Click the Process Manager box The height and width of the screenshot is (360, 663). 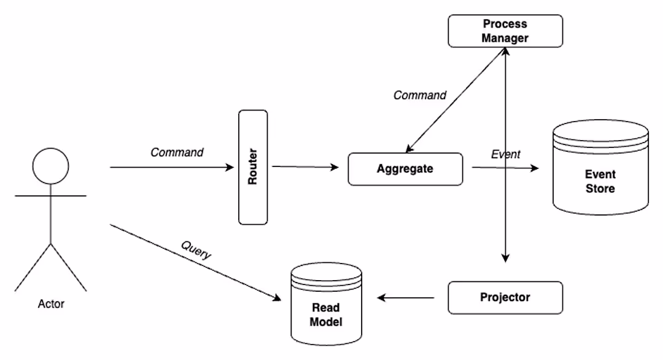click(x=505, y=31)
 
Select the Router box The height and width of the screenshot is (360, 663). click(x=252, y=166)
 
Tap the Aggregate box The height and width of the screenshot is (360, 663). click(x=405, y=168)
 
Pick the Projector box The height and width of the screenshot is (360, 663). click(x=505, y=297)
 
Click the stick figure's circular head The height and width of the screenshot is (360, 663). click(x=50, y=166)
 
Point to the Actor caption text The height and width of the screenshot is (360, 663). click(x=50, y=303)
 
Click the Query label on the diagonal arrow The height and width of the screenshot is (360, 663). click(x=196, y=249)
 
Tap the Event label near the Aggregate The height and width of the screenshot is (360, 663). click(x=505, y=154)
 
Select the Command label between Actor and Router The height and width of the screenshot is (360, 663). click(x=177, y=152)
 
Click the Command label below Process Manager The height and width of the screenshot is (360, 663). click(x=420, y=95)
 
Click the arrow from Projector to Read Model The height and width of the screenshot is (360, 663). click(x=406, y=298)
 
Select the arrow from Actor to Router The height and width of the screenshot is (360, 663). click(x=172, y=166)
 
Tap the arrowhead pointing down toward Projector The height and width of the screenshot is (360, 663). click(x=505, y=257)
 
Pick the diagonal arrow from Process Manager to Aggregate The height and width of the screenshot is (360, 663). click(x=454, y=101)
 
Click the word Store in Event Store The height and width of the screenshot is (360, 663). click(x=600, y=189)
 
